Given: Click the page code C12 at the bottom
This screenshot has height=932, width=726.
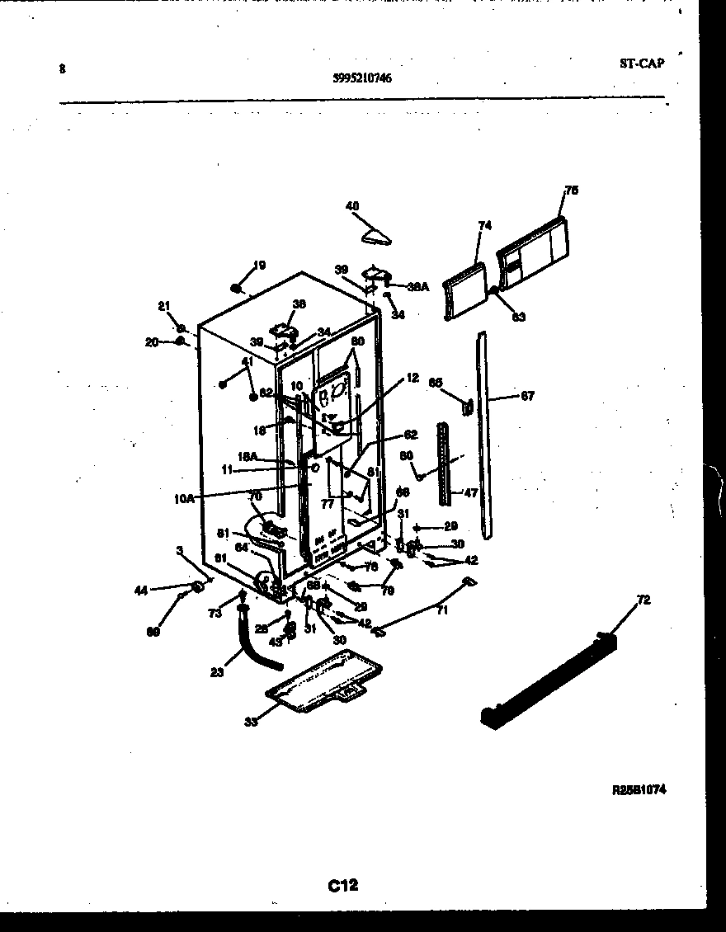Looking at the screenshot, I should pos(343,886).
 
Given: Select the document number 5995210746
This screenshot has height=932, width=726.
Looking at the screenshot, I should pos(362,78).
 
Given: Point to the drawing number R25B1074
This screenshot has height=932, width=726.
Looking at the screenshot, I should pos(639,789).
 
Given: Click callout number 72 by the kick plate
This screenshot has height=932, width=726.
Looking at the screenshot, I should pos(643,600).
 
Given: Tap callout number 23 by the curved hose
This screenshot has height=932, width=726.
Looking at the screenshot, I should pos(217,671).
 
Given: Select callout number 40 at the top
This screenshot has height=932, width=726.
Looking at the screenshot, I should pos(352,206).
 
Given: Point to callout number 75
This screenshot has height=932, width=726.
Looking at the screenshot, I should pos(571,191).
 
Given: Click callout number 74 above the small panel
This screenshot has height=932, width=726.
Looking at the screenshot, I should pos(484,224).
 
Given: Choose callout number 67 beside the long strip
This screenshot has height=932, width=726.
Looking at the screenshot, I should pos(527,397).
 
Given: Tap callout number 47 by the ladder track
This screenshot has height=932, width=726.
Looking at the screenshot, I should pos(470,493).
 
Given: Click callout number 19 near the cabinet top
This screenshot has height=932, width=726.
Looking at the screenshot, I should pos(259,266).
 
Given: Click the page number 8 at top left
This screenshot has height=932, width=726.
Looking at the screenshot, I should pos(62,69).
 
